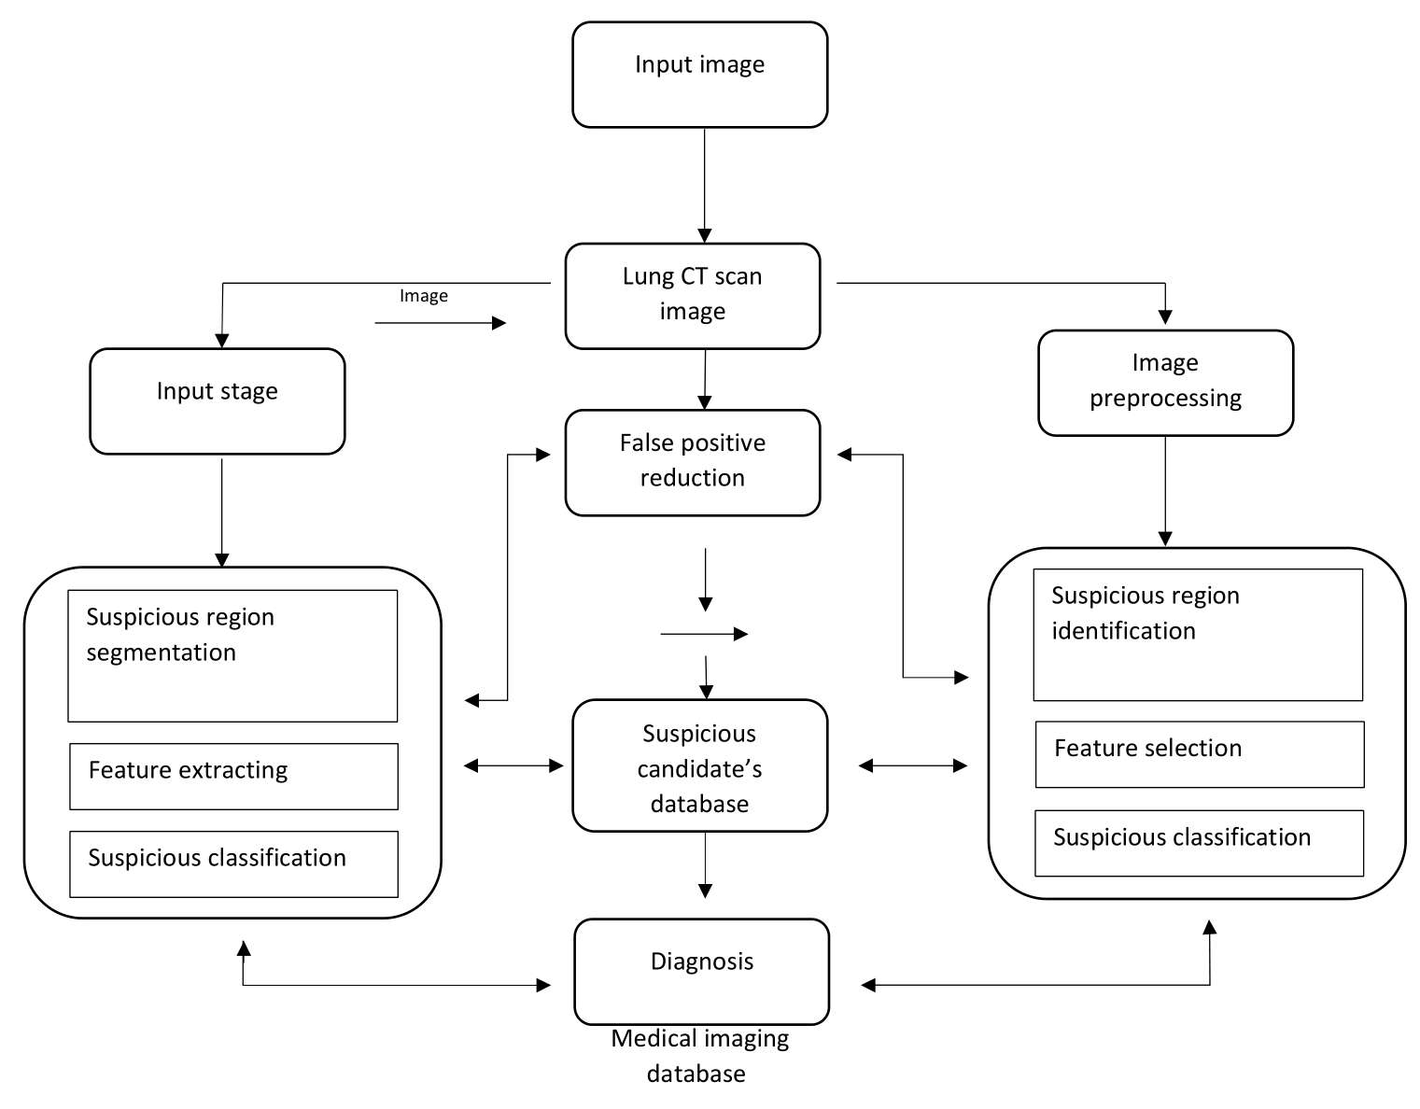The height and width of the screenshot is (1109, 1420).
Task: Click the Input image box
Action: tap(700, 75)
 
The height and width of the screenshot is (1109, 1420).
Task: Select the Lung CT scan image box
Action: tap(693, 296)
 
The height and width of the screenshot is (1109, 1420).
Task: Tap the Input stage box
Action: tap(218, 401)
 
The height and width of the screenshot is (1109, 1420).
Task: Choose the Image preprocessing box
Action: tap(1166, 383)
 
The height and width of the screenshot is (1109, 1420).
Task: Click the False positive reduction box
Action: tap(693, 462)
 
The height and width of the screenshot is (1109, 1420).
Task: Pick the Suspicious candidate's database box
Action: tap(700, 765)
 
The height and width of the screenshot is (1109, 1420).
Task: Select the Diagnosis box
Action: tap(702, 972)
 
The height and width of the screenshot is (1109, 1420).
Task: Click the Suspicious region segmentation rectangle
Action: tap(232, 655)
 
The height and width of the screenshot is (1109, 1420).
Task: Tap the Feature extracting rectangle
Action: tap(234, 777)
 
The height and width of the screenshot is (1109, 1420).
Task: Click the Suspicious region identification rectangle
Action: tap(1198, 635)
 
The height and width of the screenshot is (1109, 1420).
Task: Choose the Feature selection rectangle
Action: tap(1200, 754)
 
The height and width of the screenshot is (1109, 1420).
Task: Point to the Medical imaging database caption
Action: tap(699, 1056)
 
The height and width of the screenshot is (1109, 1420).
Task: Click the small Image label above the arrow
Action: tap(424, 296)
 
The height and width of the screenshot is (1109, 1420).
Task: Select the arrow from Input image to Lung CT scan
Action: tap(705, 186)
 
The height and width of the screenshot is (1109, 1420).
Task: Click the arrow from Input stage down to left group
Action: tap(221, 512)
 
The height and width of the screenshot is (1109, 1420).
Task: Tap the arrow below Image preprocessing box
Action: tap(1165, 491)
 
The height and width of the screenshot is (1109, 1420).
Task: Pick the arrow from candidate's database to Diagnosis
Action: tap(705, 865)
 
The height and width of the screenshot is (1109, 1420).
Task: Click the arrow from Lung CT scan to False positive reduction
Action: tap(705, 379)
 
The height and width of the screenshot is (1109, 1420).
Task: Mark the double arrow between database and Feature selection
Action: tap(913, 765)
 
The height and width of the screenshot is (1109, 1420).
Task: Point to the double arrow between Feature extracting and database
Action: tap(513, 765)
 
